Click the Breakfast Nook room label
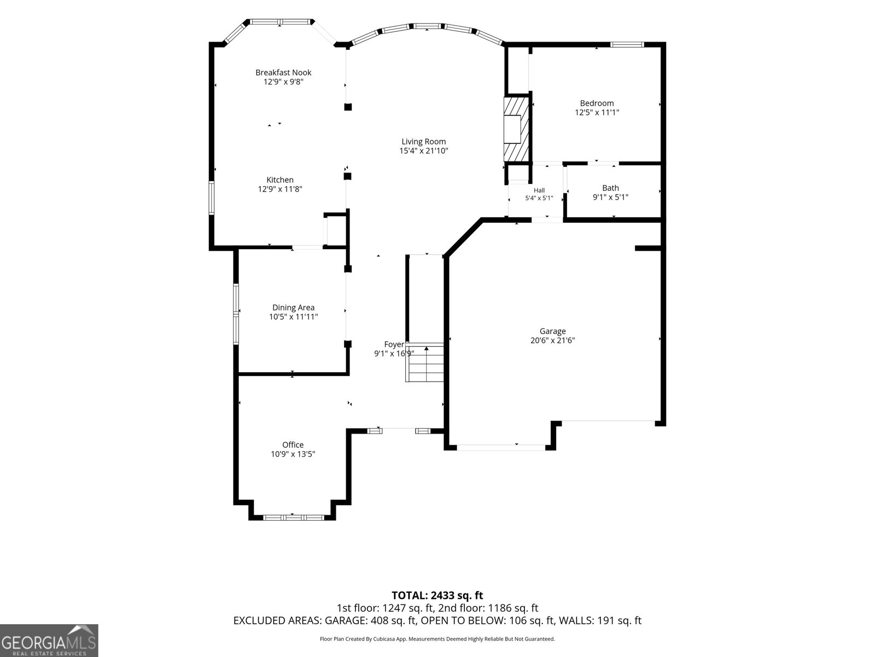click(x=283, y=72)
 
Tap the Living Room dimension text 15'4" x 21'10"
click(x=423, y=151)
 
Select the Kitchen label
click(x=280, y=180)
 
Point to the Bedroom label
click(x=597, y=103)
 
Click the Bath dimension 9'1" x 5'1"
click(x=610, y=197)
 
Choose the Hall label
click(x=539, y=191)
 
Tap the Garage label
click(x=552, y=331)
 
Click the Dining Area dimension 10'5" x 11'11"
click(x=293, y=317)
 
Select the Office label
click(x=293, y=445)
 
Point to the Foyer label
click(x=394, y=344)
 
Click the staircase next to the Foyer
click(x=425, y=362)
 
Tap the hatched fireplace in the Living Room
click(x=516, y=129)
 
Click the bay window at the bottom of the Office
click(x=293, y=517)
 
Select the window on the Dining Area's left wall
click(x=236, y=314)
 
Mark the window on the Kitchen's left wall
click(x=212, y=198)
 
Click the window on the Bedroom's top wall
click(x=627, y=45)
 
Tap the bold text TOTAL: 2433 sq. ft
click(x=437, y=596)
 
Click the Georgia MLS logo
click(x=49, y=640)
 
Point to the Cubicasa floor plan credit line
click(x=437, y=639)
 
